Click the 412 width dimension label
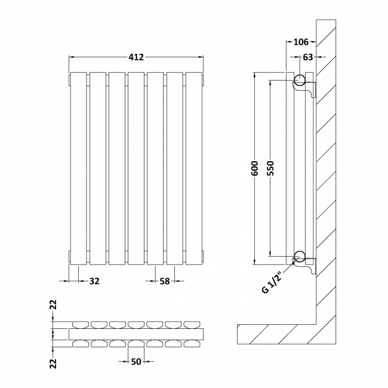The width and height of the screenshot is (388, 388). [x=137, y=57]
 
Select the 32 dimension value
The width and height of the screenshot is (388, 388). [x=94, y=281]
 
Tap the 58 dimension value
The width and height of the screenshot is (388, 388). [x=165, y=281]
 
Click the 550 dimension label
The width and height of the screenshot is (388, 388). [x=270, y=168]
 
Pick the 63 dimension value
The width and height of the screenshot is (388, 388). [x=308, y=57]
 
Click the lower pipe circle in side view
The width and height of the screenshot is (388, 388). [x=301, y=257]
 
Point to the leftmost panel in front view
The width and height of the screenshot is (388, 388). [x=79, y=168]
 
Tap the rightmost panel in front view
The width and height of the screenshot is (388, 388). [x=194, y=168]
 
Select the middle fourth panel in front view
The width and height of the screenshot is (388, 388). [x=137, y=168]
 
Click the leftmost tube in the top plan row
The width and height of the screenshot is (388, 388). [x=79, y=324]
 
